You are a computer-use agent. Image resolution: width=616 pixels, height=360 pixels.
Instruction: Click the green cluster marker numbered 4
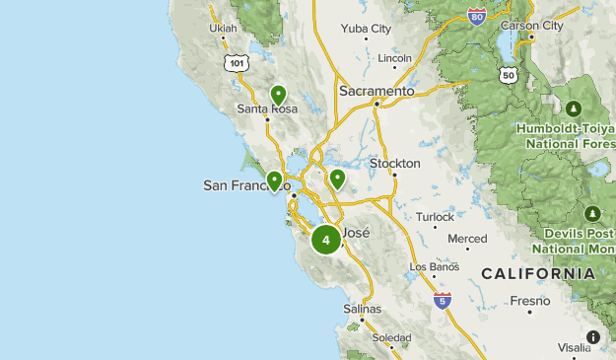coord(326,240)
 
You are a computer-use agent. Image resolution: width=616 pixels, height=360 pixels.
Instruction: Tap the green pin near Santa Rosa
coord(278,95)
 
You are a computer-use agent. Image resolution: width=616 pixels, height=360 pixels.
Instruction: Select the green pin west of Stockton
coord(337,179)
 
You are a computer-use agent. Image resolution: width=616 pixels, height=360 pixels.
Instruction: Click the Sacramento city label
coord(376,91)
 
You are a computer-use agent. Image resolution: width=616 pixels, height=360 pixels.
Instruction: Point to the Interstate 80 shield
coord(477,16)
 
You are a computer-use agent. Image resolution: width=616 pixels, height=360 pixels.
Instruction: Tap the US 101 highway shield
coord(235,62)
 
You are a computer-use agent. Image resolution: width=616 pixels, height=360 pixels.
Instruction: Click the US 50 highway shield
coord(509,74)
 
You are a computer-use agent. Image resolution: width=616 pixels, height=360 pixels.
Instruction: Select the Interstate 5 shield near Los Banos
coord(443,300)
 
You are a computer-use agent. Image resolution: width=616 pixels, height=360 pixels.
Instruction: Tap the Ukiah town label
coord(224,28)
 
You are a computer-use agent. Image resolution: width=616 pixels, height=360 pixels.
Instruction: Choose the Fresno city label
coord(530,300)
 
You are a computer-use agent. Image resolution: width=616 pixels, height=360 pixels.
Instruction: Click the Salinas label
coord(362,309)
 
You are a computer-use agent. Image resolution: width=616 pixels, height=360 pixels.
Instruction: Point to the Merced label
coord(467,239)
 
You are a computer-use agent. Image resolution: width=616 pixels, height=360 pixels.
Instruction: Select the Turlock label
coord(436,217)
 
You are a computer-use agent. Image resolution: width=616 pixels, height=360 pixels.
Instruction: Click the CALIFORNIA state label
coord(537,273)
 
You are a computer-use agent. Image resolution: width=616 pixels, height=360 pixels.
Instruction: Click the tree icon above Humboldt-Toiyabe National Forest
coord(575,108)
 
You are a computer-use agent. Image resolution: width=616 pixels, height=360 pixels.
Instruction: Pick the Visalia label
coord(574,348)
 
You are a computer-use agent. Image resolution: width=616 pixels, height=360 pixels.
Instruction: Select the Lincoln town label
coord(394,58)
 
